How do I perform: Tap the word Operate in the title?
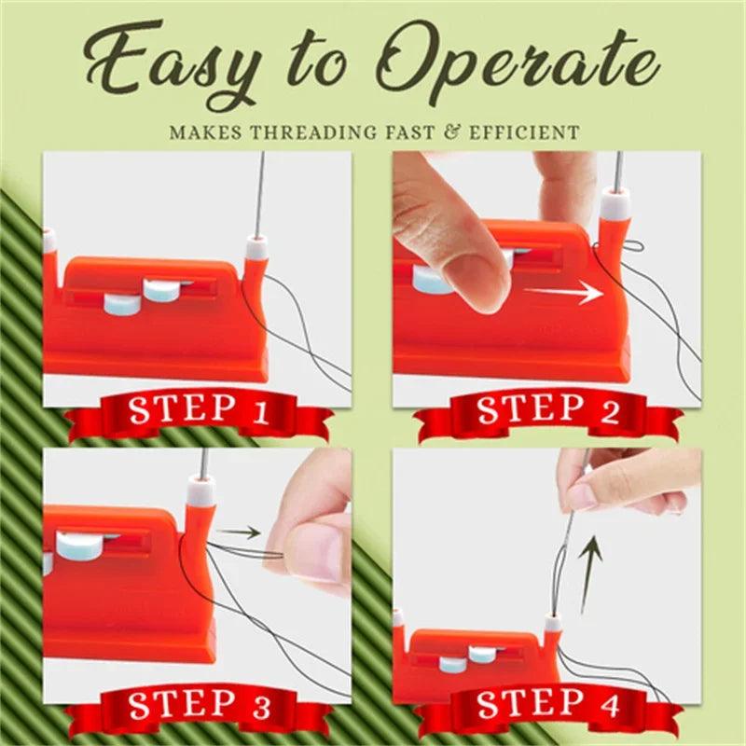tap(524, 65)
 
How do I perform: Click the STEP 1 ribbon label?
tap(199, 410)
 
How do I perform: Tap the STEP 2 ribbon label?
tap(549, 410)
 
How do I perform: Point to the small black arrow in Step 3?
tap(244, 534)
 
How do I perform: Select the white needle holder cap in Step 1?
tap(256, 249)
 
